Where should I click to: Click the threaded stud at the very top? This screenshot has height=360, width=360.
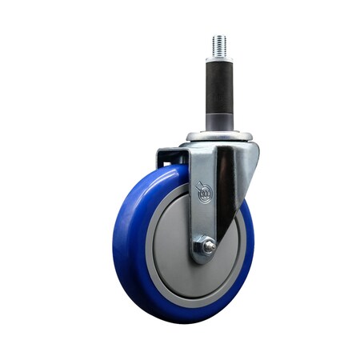219,45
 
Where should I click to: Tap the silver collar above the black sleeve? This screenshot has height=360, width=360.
219,59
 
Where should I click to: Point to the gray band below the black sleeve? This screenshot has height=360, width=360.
219,122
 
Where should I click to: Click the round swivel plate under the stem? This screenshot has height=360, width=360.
219,136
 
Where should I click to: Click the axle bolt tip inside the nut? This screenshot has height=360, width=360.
207,249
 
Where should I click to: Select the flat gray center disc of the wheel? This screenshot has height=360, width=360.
172,240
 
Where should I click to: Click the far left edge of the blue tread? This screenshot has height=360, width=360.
114,240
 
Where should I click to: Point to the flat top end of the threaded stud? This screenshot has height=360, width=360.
219,35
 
